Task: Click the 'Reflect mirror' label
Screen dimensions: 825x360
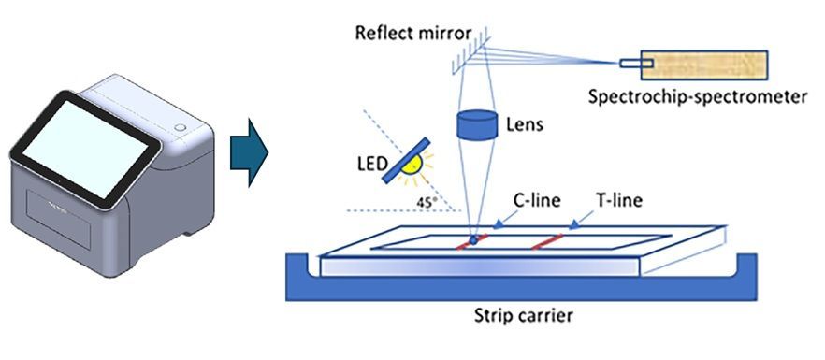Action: coord(413,33)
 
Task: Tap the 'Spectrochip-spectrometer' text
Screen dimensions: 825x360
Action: coord(697,97)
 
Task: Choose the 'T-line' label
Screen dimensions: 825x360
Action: coord(619,200)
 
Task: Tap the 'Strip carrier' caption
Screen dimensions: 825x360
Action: coord(523,316)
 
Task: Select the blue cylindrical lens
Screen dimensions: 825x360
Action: coord(477,125)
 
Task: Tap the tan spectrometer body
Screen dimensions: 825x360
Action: coord(704,65)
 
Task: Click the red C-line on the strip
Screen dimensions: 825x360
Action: coord(472,241)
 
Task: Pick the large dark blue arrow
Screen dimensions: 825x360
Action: coord(249,153)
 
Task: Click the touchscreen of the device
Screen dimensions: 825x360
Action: coord(85,150)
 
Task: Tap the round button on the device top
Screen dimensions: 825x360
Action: coord(180,128)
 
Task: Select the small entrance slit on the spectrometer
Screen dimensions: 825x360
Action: coord(636,64)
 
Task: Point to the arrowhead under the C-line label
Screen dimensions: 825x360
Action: coord(498,224)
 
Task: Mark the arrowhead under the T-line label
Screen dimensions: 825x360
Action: coord(574,224)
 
